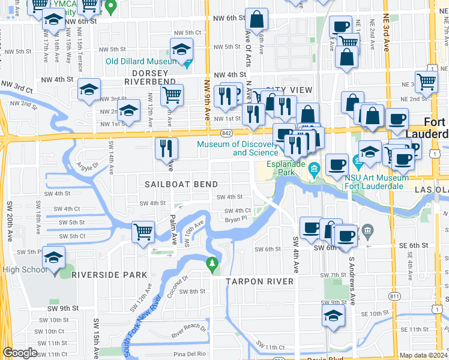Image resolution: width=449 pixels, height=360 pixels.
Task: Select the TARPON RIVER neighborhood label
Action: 259,281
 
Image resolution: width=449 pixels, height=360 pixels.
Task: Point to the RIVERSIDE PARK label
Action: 109,275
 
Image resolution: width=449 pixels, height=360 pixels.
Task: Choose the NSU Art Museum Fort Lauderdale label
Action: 375,181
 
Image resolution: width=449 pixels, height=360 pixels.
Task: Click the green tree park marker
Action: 211,263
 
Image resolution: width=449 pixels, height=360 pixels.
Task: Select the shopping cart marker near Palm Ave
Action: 143,230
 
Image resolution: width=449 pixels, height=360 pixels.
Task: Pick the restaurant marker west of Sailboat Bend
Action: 166,148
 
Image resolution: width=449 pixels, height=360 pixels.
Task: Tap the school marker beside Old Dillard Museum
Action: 181,49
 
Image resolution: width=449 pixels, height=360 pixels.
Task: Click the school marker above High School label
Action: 53,257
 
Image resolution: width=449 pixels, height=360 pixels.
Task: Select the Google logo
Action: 20,353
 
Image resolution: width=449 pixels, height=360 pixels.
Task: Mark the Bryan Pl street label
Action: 236,220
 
